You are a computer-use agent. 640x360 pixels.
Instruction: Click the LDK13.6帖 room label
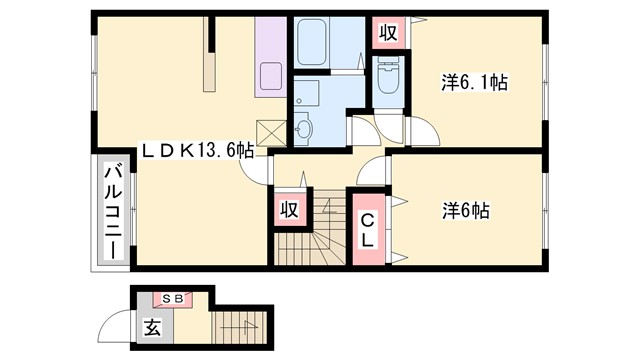pos(196,152)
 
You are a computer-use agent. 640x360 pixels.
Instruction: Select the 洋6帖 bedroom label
pos(467,211)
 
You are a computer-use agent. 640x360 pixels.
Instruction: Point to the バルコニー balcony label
pos(112,213)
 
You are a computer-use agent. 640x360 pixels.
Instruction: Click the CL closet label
pos(367,230)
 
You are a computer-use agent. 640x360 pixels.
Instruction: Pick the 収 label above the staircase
pos(289,210)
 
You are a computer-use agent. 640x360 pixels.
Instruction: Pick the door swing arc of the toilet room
pos(362,128)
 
